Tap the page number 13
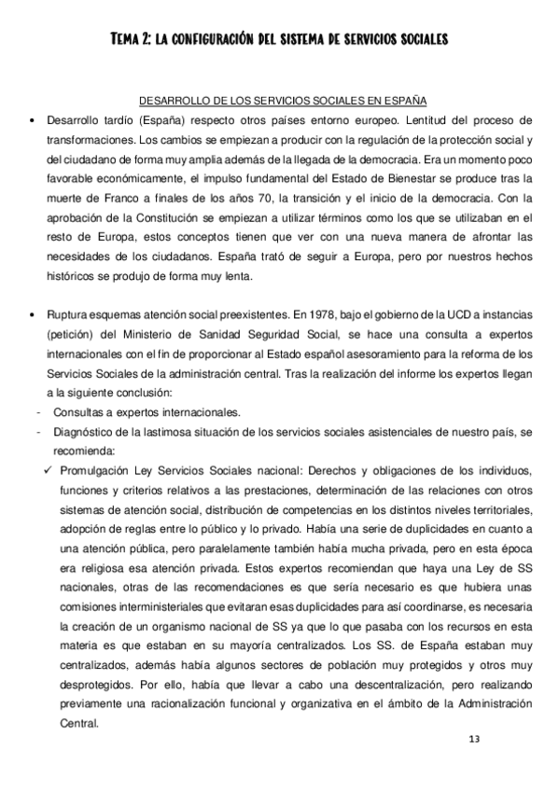pyautogui.click(x=474, y=739)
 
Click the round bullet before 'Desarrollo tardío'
pyautogui.click(x=33, y=120)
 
